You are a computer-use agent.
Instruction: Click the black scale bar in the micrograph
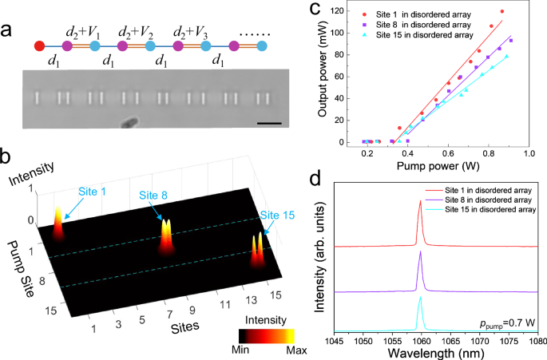point(270,123)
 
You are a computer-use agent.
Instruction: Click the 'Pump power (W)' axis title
point(439,166)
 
